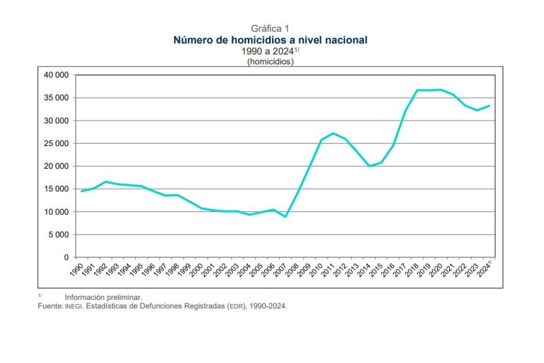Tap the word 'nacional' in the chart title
pos(342,40)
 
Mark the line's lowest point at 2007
pos(285,216)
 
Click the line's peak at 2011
pos(334,133)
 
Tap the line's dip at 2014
pos(369,166)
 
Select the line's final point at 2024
pos(490,106)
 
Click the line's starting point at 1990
pos(81,191)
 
